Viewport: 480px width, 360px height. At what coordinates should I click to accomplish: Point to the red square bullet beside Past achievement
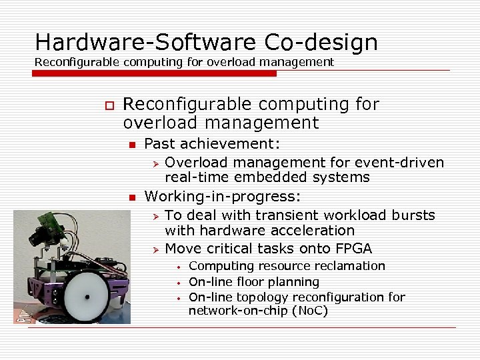(x=132, y=145)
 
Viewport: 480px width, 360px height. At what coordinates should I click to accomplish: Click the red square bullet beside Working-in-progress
(x=132, y=198)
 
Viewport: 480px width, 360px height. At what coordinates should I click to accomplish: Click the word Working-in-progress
(x=223, y=197)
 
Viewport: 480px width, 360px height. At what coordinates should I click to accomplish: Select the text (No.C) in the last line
(x=303, y=311)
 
